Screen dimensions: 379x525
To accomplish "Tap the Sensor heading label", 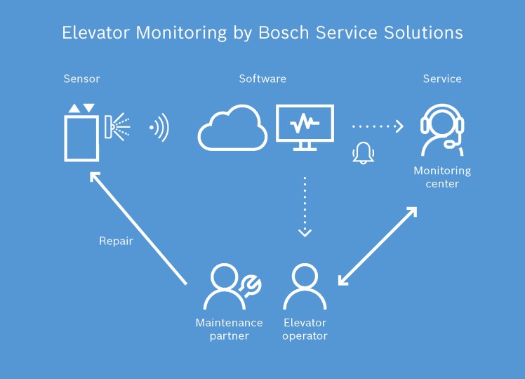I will [81, 79].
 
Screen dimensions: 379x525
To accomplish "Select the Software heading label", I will [262, 79].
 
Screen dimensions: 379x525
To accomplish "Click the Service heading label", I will [442, 79].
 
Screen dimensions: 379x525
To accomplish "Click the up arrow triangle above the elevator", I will [74, 108].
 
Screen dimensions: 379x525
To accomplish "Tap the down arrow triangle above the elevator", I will [88, 108].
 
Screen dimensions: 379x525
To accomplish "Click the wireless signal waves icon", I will [160, 128].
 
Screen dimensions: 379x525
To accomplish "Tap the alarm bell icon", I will [363, 152].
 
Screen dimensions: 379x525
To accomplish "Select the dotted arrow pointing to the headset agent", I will [378, 126].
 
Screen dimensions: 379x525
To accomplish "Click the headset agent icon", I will [442, 130].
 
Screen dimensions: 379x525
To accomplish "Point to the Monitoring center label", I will [442, 178].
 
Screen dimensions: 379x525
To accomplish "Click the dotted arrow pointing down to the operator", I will [305, 207].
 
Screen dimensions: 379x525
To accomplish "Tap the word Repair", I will [116, 241].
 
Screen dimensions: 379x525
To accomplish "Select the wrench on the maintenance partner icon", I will [250, 284].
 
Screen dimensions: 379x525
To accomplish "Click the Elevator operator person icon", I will [305, 287].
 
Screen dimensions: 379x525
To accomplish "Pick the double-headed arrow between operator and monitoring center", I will [378, 246].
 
